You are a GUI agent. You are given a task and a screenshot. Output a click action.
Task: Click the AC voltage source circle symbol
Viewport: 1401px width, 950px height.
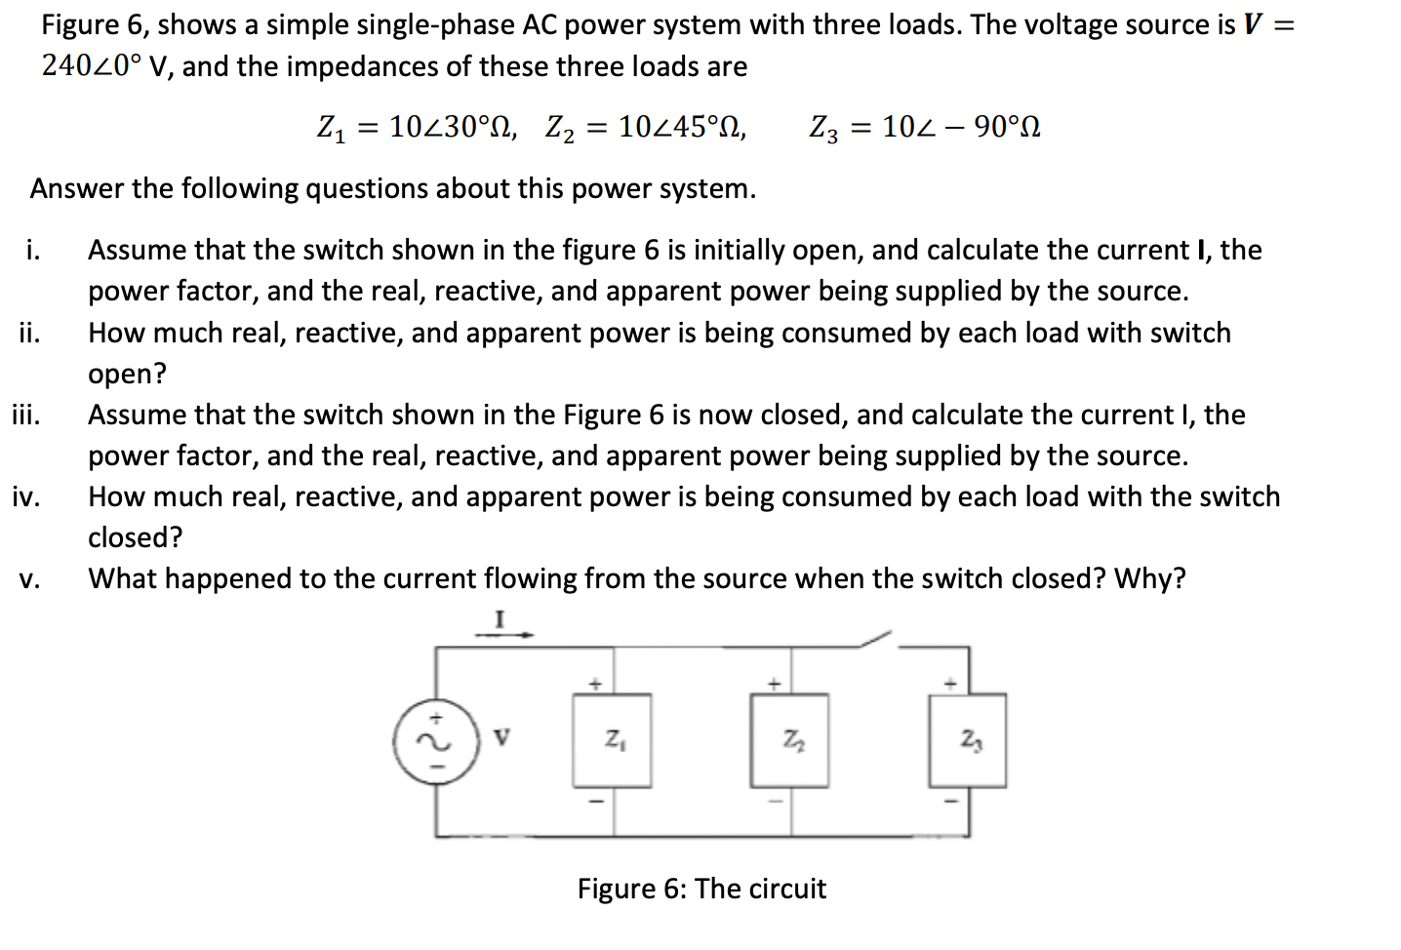pos(436,742)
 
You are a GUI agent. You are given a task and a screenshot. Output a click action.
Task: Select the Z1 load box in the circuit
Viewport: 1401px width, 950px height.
pos(612,740)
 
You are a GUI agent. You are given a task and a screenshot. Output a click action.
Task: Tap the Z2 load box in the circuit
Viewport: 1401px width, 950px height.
pos(789,740)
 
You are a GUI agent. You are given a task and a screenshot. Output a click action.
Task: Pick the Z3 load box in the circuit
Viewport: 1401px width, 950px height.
pos(967,740)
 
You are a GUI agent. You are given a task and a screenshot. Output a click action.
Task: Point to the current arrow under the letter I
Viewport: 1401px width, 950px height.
pos(503,635)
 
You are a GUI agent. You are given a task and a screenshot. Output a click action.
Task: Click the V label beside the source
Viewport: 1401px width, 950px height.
pos(500,737)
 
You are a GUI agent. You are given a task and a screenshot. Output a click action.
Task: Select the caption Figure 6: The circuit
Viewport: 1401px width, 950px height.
pos(700,889)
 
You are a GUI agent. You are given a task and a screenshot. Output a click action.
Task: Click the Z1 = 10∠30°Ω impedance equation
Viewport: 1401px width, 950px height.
pos(417,127)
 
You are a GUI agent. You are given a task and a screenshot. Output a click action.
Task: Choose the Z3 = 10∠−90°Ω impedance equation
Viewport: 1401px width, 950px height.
pos(924,127)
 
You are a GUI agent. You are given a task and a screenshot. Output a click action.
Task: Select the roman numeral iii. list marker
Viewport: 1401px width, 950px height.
pos(26,415)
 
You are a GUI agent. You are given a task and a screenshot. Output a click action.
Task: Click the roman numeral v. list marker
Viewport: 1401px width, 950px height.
pos(29,579)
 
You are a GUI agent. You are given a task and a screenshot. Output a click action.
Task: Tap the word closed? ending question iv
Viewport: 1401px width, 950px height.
pos(135,537)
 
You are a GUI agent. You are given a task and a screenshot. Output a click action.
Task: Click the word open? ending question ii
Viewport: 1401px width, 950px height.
pos(127,374)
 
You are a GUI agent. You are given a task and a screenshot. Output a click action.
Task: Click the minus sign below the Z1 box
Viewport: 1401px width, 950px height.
pos(600,801)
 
